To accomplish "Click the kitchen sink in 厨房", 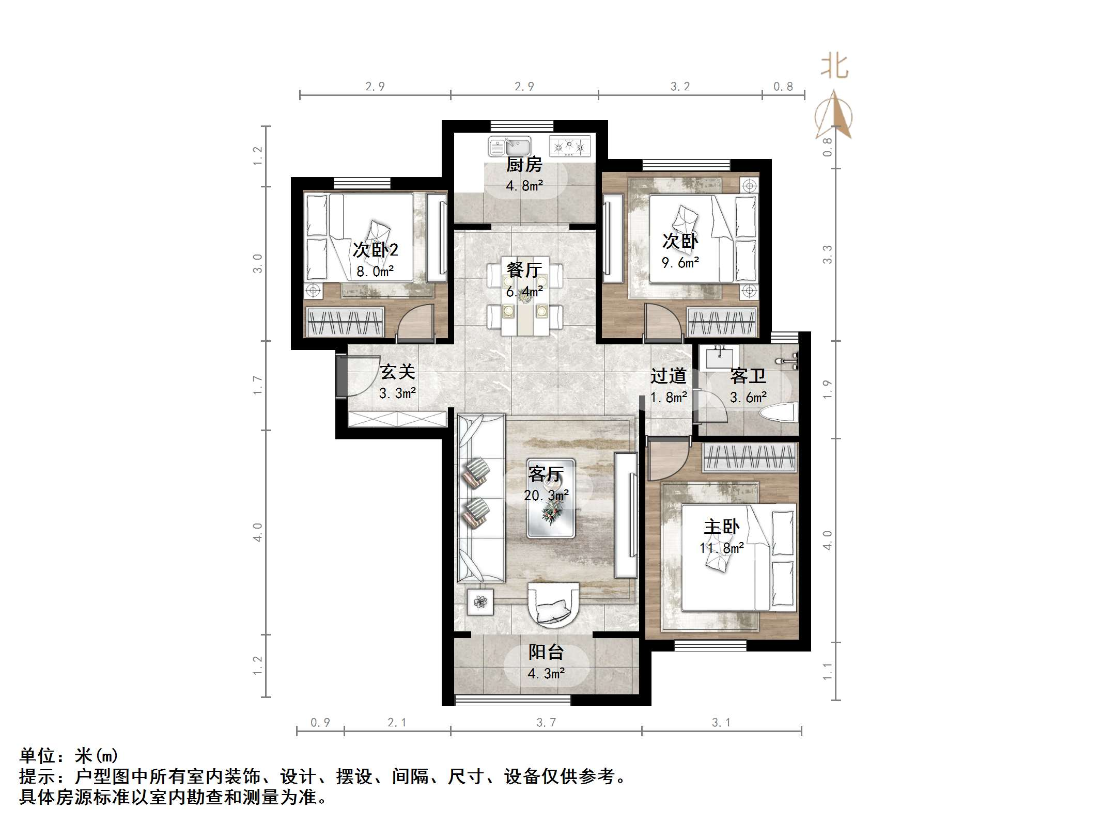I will click(x=510, y=147).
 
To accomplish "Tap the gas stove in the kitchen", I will click(x=569, y=147).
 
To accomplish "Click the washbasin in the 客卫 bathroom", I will click(x=719, y=358).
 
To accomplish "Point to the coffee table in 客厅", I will click(x=551, y=499).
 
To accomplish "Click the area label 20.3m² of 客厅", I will click(x=546, y=496).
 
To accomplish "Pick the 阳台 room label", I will click(x=546, y=652).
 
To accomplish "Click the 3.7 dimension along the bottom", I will click(x=546, y=723).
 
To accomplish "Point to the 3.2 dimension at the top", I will click(x=680, y=87).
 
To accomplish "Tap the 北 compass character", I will click(x=835, y=67).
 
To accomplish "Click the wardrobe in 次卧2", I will click(x=345, y=322).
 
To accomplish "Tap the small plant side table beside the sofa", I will click(x=480, y=602).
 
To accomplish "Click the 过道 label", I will click(x=668, y=376).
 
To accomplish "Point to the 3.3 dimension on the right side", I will click(x=828, y=255).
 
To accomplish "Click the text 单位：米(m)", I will click(x=69, y=756).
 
